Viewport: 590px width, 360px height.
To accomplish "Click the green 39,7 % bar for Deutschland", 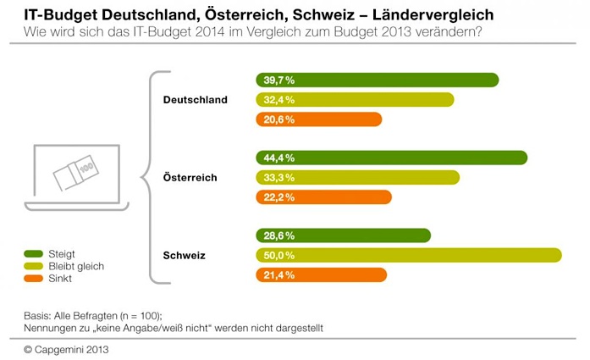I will (377, 80).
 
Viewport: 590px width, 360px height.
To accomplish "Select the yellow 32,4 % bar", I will (355, 100).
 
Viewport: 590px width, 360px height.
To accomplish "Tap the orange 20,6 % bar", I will (318, 119).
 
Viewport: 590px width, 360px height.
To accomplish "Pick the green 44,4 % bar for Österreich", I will (391, 158).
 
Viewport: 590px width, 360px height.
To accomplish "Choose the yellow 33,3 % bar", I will (357, 177).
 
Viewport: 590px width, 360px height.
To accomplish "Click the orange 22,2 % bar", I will (323, 197).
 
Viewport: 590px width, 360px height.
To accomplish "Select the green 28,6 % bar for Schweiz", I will (343, 235).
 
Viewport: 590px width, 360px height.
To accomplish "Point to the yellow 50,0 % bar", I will (408, 255).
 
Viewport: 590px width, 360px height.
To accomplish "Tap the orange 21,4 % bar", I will (321, 274).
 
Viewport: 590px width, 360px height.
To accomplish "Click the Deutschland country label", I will (195, 100).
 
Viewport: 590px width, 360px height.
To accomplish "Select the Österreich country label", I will (190, 178).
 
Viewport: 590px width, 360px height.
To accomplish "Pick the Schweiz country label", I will (184, 255).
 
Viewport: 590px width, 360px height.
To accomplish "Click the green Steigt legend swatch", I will (34, 253).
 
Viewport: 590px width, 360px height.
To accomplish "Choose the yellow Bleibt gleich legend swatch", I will (34, 266).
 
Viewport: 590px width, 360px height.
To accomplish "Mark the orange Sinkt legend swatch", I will (34, 278).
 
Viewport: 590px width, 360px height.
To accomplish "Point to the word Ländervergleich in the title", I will (440, 15).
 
